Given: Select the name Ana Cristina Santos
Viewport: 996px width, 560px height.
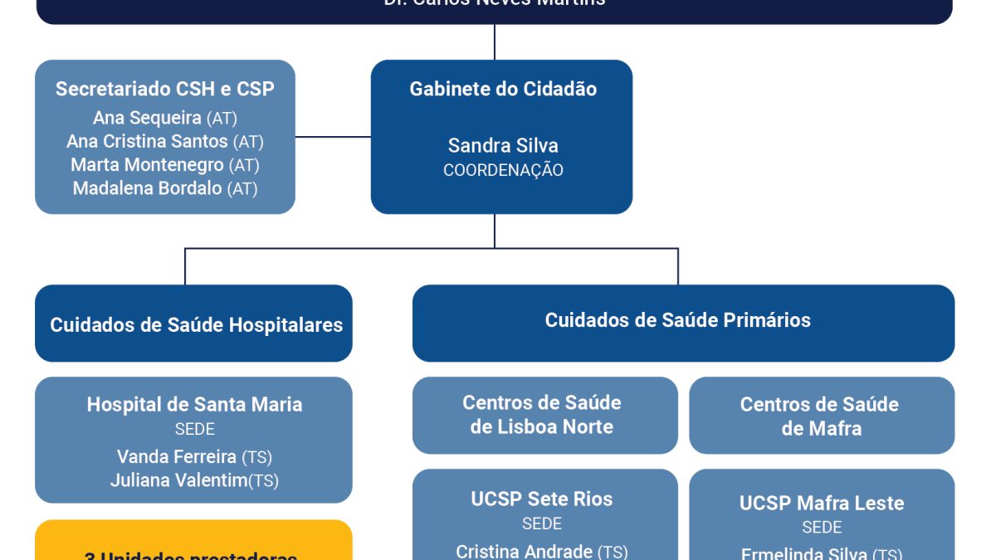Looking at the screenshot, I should (x=148, y=141).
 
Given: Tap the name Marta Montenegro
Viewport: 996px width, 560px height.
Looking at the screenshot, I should (x=148, y=164).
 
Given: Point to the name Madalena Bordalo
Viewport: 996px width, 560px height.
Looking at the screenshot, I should (x=148, y=188).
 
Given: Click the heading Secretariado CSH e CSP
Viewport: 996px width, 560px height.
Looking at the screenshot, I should (x=164, y=89).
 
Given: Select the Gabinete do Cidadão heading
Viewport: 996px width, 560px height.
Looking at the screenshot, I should (x=503, y=89).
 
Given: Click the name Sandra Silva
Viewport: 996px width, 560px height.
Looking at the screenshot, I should (x=503, y=145).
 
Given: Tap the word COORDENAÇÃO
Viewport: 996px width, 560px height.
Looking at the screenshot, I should (x=503, y=170).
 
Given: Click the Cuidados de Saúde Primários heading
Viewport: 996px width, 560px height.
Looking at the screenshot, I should (x=677, y=320).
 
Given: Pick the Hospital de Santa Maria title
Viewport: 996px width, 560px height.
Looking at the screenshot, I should (x=194, y=405).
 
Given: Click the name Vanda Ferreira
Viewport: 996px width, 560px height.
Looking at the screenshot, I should (x=177, y=456).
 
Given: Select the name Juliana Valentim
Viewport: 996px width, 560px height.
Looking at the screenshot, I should (x=178, y=480).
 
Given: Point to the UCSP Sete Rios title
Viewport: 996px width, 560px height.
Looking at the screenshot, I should (x=542, y=499).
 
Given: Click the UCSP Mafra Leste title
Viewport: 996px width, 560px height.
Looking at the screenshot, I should (x=822, y=503).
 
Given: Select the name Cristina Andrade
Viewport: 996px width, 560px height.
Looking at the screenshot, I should (x=525, y=551).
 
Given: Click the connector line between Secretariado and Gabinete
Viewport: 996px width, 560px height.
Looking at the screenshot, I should (x=333, y=137).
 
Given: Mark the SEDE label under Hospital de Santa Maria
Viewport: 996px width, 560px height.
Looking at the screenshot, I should (x=194, y=430).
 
